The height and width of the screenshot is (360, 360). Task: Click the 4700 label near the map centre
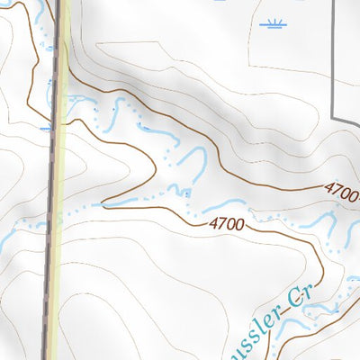click(x=225, y=222)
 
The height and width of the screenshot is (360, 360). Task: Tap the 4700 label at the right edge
click(x=342, y=192)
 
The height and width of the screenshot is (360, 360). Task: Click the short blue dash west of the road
click(x=45, y=129)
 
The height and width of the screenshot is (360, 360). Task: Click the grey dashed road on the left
click(x=50, y=225)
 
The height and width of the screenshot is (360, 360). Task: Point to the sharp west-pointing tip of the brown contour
click(x=102, y=203)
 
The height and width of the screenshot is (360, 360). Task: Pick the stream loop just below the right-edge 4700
click(x=351, y=229)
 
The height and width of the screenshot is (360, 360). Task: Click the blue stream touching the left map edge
click(x=4, y=241)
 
